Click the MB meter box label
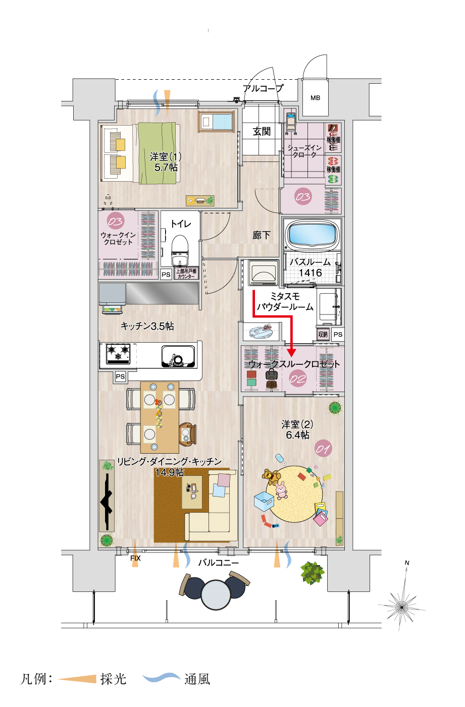pyautogui.click(x=315, y=98)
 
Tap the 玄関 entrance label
pyautogui.click(x=262, y=132)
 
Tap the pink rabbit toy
pyautogui.click(x=281, y=490)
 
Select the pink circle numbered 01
pyautogui.click(x=323, y=448)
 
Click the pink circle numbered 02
pyautogui.click(x=298, y=378)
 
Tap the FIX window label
pyautogui.click(x=135, y=558)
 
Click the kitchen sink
pyautogui.click(x=178, y=357)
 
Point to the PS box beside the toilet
pyautogui.click(x=166, y=275)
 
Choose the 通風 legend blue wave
pyautogui.click(x=162, y=678)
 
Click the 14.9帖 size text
pyautogui.click(x=169, y=472)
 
